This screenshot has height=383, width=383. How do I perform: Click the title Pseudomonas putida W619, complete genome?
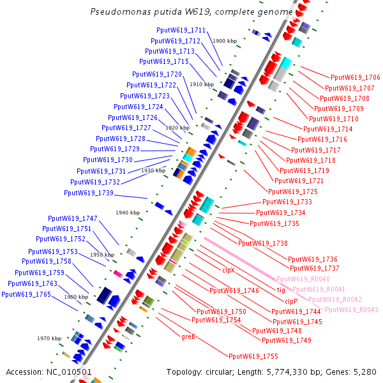tap(191, 11)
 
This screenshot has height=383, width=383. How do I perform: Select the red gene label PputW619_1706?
tap(355, 77)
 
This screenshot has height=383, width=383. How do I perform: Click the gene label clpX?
tap(229, 270)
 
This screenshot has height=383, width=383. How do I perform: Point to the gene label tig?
tap(281, 290)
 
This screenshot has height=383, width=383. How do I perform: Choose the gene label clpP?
tap(291, 301)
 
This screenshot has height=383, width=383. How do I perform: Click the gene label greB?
tap(188, 336)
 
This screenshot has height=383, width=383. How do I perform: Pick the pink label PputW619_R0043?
tap(352, 310)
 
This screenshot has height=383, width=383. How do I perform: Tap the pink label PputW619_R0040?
tap(303, 280)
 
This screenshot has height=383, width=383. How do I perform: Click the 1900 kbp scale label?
tap(225, 41)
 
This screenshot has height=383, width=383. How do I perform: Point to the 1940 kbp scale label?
tap(128, 213)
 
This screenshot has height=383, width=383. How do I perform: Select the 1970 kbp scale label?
tap(49, 338)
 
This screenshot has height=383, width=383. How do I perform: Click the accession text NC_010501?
tap(49, 372)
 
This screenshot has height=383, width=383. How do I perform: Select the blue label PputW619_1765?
tap(26, 294)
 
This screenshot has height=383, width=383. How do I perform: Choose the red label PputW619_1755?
tap(253, 356)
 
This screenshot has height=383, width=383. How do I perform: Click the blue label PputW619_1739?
tap(89, 193)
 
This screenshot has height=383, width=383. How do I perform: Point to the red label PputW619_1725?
tap(293, 191)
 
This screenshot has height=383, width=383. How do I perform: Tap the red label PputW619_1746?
tap(234, 291)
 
